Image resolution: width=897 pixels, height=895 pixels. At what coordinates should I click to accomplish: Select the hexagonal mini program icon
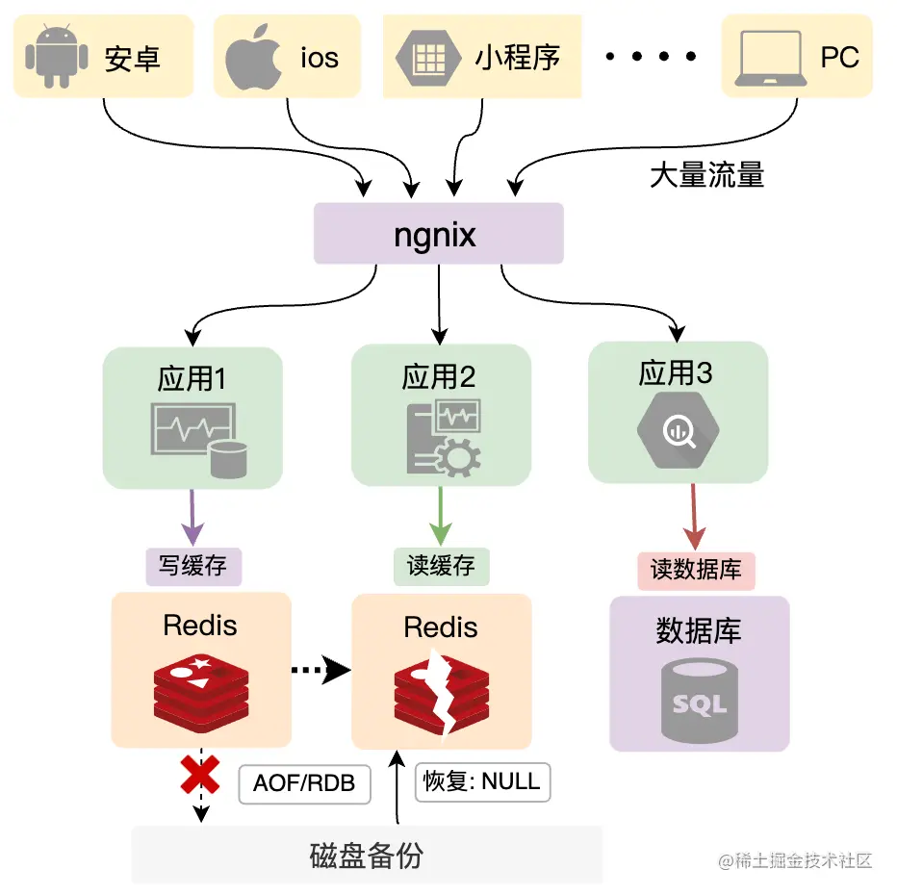(425, 56)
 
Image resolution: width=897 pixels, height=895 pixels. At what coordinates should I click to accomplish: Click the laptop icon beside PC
(769, 57)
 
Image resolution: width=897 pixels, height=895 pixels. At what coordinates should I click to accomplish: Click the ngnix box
(438, 234)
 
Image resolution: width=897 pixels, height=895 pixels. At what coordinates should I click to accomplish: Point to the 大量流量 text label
(707, 175)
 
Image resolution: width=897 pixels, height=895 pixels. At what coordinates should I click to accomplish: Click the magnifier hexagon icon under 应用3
(677, 432)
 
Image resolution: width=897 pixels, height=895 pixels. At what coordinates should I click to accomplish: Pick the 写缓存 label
(193, 566)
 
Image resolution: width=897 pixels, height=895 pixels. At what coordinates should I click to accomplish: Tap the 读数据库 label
(696, 570)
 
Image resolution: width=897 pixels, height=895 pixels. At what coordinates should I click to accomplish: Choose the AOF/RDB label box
(304, 783)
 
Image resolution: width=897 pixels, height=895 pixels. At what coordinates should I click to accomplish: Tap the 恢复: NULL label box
(482, 780)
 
